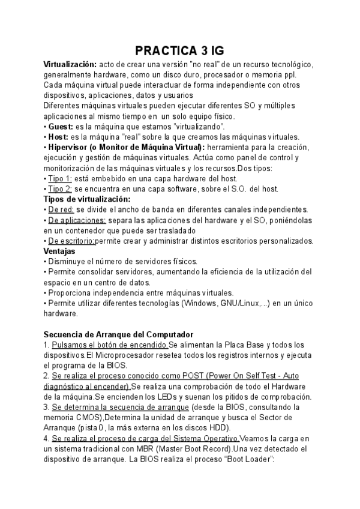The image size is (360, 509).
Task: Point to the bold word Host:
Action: click(58, 137)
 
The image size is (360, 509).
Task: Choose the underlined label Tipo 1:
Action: click(60, 178)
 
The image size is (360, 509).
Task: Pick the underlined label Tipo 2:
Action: click(60, 188)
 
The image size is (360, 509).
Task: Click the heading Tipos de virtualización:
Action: click(87, 199)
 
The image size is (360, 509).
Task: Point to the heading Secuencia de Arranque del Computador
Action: click(112, 334)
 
